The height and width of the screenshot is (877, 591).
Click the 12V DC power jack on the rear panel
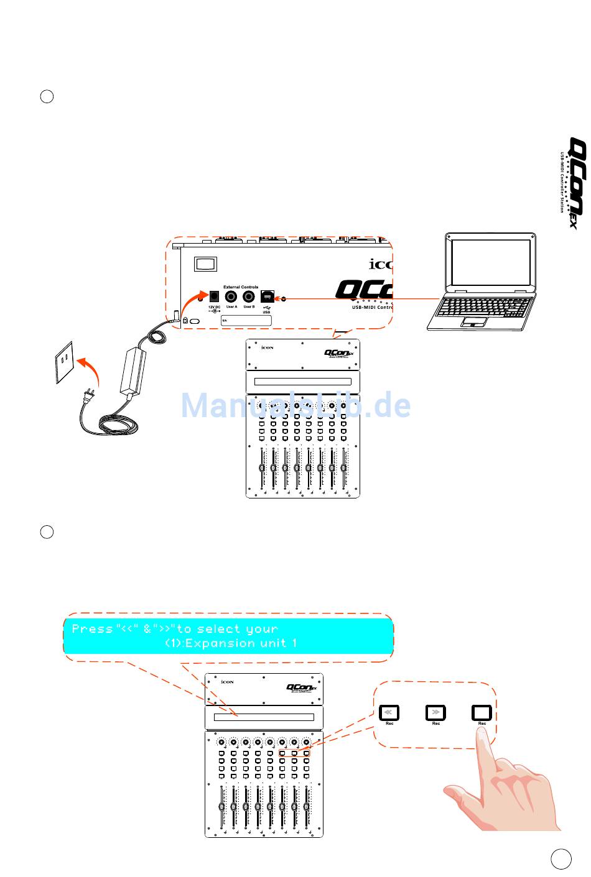pos(214,297)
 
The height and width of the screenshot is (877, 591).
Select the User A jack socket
pos(231,297)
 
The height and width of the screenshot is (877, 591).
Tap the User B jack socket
pos(249,297)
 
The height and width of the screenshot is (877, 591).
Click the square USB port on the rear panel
pos(267,296)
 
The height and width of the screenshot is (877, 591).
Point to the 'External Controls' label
pos(241,287)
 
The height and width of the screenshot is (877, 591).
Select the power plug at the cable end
pos(90,396)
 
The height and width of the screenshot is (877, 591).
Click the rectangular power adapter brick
pos(132,370)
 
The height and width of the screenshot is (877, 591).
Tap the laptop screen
pos(490,264)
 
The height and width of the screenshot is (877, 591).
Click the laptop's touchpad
pos(474,321)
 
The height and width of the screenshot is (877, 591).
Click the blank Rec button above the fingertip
pos(482,712)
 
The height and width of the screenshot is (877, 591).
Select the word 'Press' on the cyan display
pos(92,629)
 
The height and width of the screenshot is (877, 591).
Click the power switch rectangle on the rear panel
pos(205,264)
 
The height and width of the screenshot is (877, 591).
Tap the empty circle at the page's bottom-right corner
pos(561,858)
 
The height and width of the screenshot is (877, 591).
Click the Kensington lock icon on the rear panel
pos(185,320)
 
